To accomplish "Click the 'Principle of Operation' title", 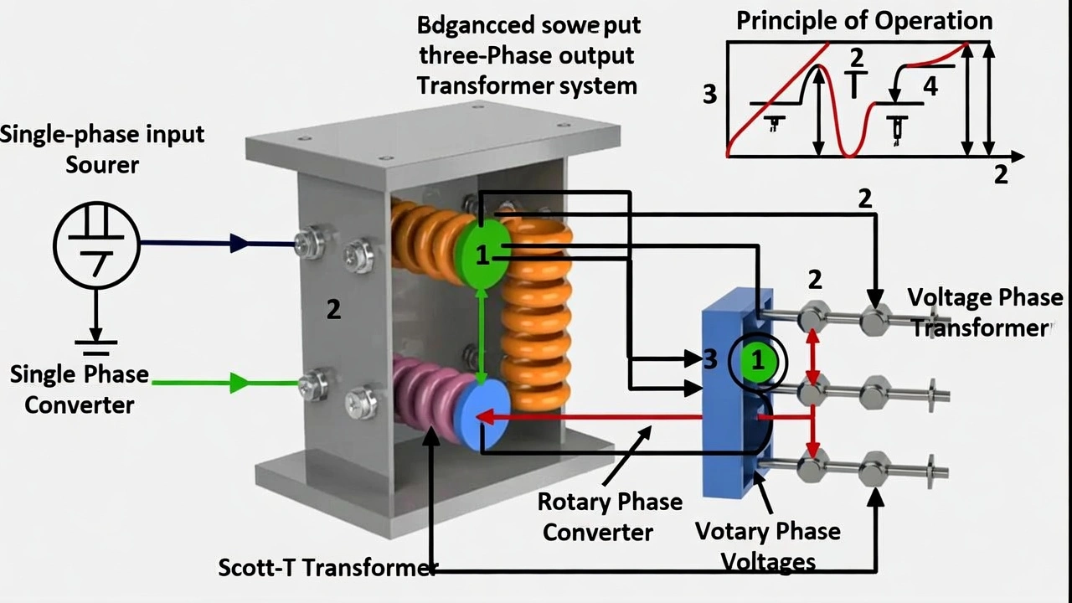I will (863, 21).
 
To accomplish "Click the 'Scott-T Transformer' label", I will (327, 567).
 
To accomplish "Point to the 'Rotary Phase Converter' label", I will (609, 517).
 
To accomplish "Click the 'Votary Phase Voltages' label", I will (767, 545).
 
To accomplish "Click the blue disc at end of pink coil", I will (482, 415).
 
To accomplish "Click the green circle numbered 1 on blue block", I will (758, 362).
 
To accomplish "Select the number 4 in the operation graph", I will (930, 85).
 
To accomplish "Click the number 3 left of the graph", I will (709, 95).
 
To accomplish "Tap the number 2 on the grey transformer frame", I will (333, 310).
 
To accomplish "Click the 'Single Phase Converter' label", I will (79, 389).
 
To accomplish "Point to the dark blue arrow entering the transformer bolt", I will (218, 244).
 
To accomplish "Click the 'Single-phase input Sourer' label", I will (101, 148).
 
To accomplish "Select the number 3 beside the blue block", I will (711, 360).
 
